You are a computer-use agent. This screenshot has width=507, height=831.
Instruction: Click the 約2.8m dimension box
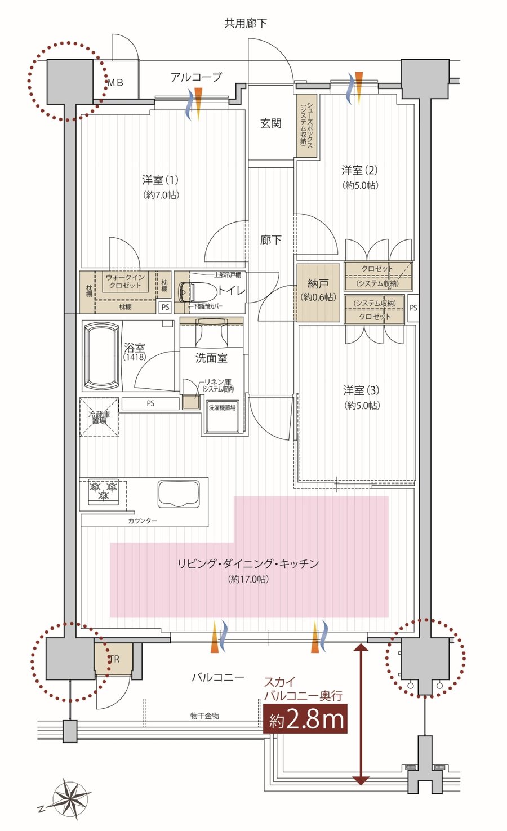pyautogui.click(x=305, y=719)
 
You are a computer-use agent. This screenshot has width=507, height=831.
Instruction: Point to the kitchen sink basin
pyautogui.click(x=179, y=494)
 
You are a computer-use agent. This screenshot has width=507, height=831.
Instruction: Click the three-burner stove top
pyautogui.click(x=104, y=490)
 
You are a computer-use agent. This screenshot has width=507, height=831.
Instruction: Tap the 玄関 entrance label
pyautogui.click(x=270, y=123)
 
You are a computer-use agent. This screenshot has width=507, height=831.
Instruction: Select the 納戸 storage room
pyautogui.click(x=318, y=292)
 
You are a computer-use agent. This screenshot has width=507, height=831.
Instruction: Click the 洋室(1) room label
pyautogui.click(x=161, y=180)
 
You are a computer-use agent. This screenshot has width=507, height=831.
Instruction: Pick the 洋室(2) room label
pyautogui.click(x=359, y=170)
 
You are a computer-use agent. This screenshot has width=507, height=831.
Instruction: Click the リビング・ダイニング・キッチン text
pyautogui.click(x=248, y=563)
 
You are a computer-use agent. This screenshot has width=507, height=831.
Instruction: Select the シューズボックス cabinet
pyautogui.click(x=306, y=126)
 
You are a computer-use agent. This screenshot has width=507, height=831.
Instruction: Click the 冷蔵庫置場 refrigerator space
pyautogui.click(x=99, y=417)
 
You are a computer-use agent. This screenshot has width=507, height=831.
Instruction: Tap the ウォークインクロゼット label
pyautogui.click(x=125, y=281)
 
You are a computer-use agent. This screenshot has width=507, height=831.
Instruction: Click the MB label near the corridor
pyautogui.click(x=115, y=82)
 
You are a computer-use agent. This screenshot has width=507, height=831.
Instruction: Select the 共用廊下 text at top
pyautogui.click(x=246, y=23)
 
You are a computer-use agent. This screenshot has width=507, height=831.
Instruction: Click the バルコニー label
pyautogui.click(x=218, y=677)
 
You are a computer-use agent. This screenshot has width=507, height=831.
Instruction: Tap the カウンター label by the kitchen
pyautogui.click(x=143, y=521)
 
